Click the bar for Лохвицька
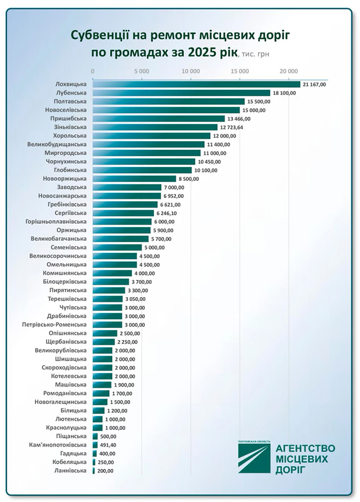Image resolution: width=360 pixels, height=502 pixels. click(x=196, y=84)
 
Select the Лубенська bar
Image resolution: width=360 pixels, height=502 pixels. click(x=181, y=93)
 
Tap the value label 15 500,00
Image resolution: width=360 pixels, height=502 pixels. click(x=259, y=101)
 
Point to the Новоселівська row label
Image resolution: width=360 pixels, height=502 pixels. click(x=65, y=110)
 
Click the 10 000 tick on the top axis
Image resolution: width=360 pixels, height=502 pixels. click(x=190, y=71)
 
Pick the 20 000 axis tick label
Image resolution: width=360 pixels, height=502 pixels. click(x=288, y=71)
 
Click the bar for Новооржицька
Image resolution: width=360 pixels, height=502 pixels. click(x=134, y=178)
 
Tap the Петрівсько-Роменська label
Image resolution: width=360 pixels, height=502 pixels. click(x=54, y=325)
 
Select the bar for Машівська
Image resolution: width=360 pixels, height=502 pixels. click(x=102, y=384)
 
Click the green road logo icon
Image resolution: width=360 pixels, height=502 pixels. click(x=254, y=456)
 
